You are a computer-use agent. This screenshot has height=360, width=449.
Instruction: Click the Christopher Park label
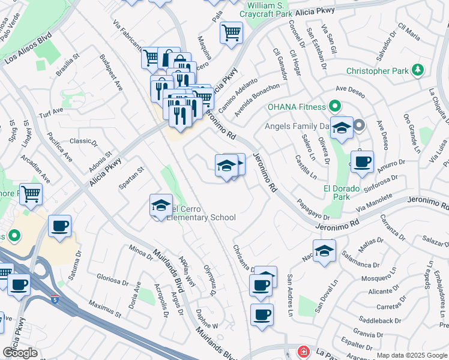tap(376, 71)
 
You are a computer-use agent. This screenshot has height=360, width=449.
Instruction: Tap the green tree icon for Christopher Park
tap(417, 71)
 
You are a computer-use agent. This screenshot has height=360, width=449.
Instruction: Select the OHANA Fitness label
tap(296, 107)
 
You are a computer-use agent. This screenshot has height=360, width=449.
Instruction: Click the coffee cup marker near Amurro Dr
tap(362, 162)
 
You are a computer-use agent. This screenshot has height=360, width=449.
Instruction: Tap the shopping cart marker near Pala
tap(231, 32)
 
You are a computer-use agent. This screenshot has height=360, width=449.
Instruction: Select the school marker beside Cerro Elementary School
tap(161, 206)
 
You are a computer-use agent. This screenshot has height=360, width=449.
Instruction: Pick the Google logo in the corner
tap(20, 353)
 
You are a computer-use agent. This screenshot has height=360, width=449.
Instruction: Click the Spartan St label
tap(132, 178)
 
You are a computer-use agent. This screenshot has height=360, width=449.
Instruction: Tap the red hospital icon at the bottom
tap(304, 352)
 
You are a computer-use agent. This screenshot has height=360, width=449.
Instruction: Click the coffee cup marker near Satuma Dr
tap(59, 227)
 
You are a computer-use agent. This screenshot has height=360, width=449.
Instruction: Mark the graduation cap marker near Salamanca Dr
tap(324, 251)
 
